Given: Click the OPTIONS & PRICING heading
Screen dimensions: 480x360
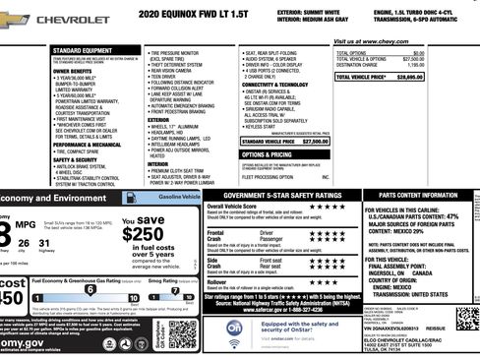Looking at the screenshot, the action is click(x=267, y=154).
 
